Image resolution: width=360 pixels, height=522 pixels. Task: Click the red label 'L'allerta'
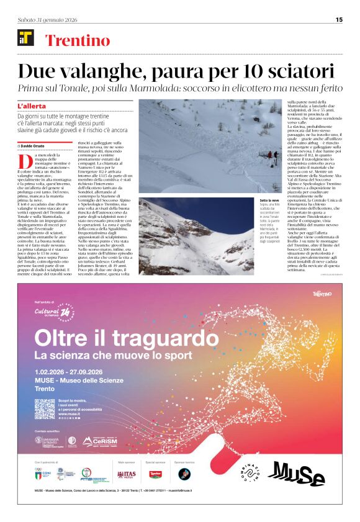(32, 107)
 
